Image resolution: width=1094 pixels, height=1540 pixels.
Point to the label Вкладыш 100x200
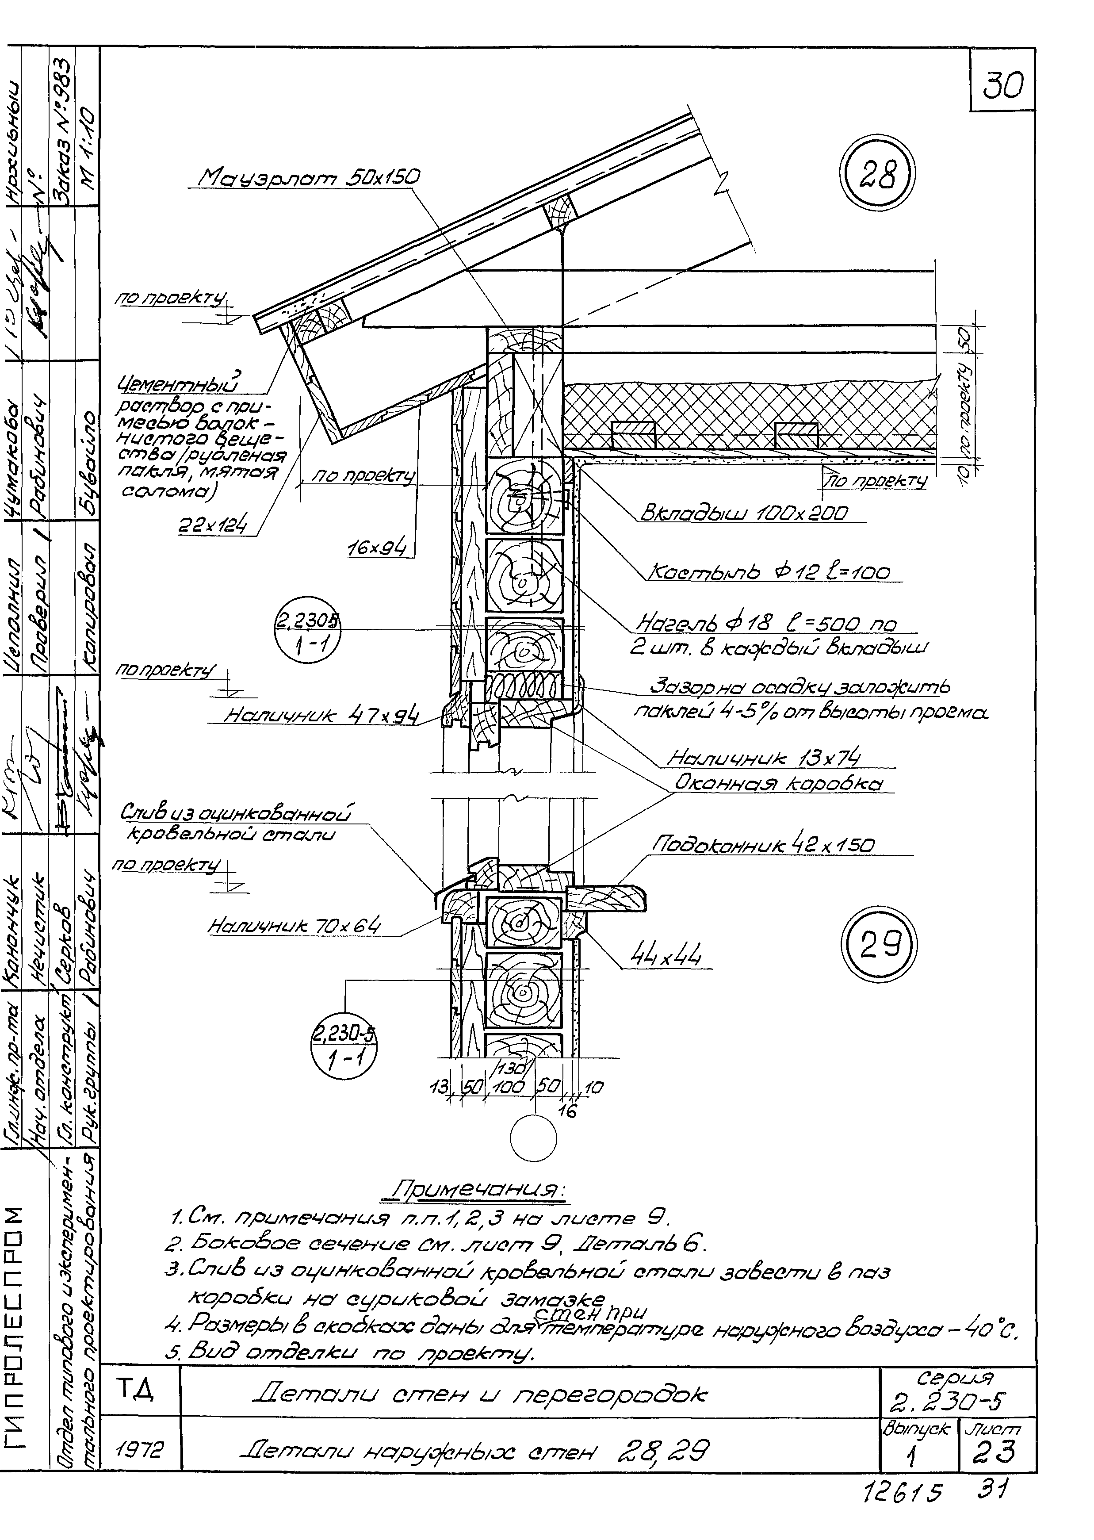pos(744,513)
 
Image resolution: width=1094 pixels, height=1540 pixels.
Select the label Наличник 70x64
pos(294,926)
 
